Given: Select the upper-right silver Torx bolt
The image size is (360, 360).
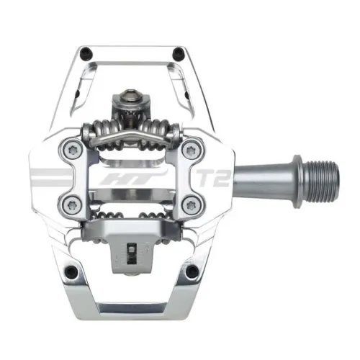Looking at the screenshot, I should point(192,150).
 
